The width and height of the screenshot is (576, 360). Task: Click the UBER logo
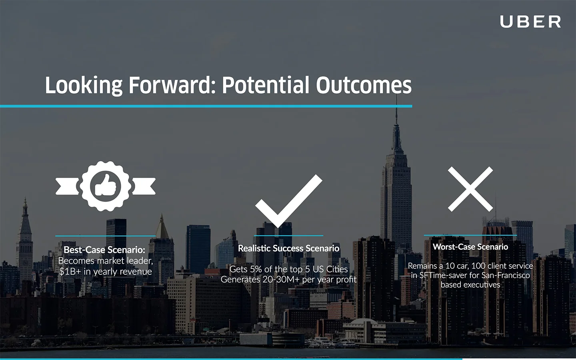point(530,22)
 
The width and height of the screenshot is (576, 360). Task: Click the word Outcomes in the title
point(364,86)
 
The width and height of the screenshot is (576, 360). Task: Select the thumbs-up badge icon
point(106,186)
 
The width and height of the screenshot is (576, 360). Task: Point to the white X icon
point(470,189)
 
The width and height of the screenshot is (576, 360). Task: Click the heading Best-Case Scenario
point(104,250)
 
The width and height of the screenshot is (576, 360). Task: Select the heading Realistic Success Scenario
point(288,248)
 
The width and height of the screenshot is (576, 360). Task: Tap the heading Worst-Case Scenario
point(470,247)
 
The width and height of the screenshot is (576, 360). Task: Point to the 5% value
point(256,269)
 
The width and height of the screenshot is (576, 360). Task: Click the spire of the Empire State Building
point(396,116)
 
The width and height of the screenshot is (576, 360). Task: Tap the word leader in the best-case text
point(140,261)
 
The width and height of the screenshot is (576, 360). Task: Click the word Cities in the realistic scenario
point(337,269)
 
